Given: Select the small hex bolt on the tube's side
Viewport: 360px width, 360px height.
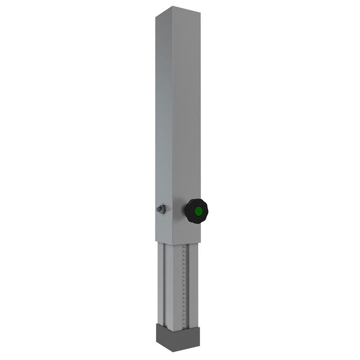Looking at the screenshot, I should point(160,209).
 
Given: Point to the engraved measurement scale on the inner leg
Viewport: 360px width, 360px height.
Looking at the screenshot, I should point(184,283).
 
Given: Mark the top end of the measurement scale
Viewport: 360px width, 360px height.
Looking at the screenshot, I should point(184,247).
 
